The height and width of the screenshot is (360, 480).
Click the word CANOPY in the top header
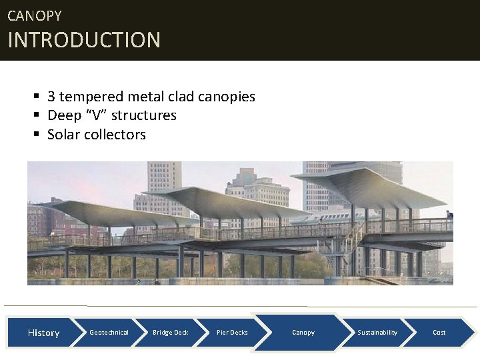point(34,15)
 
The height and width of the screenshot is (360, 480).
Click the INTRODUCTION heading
point(84,40)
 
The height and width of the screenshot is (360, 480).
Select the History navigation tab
point(43,333)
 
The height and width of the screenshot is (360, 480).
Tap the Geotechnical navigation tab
point(109,333)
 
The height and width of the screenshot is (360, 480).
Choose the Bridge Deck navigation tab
point(170,333)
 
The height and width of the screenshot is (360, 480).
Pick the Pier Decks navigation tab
point(232,333)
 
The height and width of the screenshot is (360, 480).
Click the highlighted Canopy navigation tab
point(303,333)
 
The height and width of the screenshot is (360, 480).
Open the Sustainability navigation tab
point(377,333)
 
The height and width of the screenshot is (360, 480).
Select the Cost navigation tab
point(439,333)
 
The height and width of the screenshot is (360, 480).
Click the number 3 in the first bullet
point(51,97)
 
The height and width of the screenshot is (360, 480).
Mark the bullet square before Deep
point(37,116)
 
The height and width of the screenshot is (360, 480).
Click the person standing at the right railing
point(449,216)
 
